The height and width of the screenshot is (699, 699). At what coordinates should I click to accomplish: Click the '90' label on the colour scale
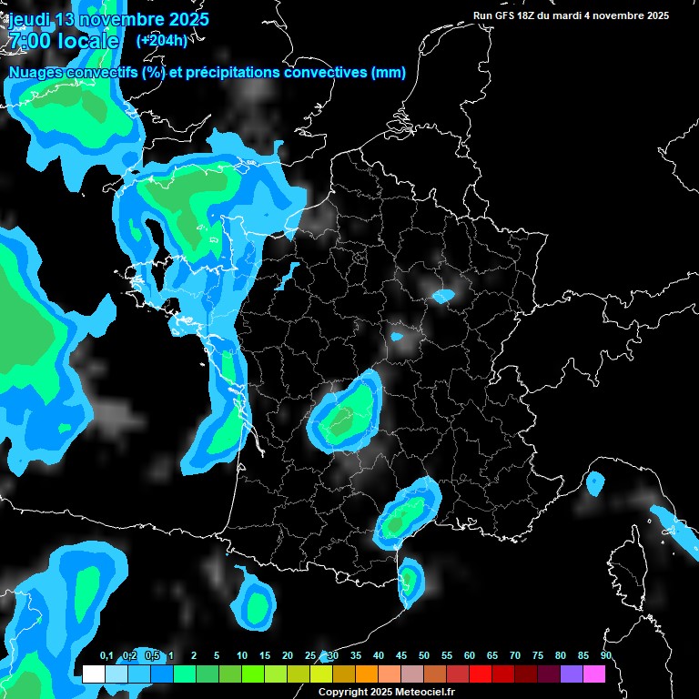pyautogui.click(x=605, y=656)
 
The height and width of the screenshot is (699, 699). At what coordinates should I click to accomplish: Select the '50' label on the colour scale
pyautogui.click(x=424, y=656)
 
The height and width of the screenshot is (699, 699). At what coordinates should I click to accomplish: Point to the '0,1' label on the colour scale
pyautogui.click(x=106, y=656)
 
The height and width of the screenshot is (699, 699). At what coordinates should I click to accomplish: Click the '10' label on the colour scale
pyautogui.click(x=242, y=656)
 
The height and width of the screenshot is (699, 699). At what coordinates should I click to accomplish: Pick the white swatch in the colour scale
pyautogui.click(x=93, y=674)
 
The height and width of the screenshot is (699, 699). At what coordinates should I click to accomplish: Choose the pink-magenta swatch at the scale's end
pyautogui.click(x=593, y=674)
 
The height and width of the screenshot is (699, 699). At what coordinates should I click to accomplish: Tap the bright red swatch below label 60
pyautogui.click(x=480, y=674)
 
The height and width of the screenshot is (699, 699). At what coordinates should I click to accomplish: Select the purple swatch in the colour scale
pyautogui.click(x=571, y=674)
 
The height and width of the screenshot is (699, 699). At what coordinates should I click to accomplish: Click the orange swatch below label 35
pyautogui.click(x=366, y=674)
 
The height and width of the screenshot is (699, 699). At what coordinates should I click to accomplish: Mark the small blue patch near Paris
pyautogui.click(x=443, y=296)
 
